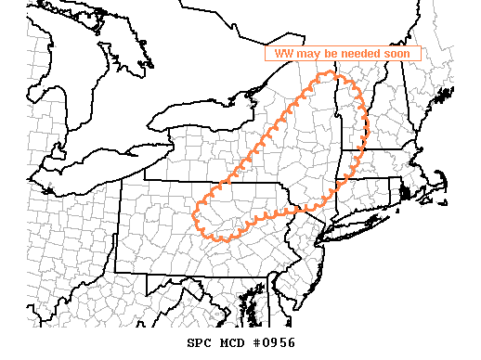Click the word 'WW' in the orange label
click(283, 54)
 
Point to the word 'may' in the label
click(309, 54)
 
